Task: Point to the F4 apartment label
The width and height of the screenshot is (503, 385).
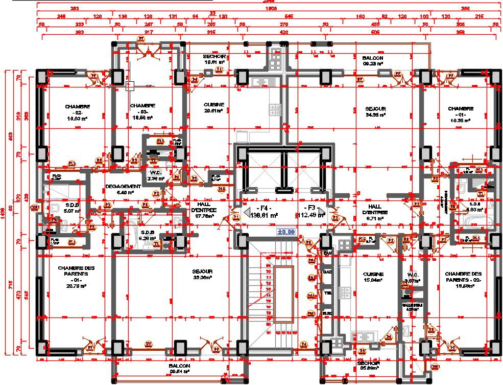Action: (x=263, y=212)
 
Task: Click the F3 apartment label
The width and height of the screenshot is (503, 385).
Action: (x=310, y=212)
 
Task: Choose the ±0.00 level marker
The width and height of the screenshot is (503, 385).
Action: (x=286, y=232)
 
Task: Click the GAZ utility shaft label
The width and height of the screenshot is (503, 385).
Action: (x=327, y=272)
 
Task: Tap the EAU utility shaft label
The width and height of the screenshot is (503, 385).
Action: (x=327, y=253)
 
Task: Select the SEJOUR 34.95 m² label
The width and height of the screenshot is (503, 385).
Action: (x=375, y=112)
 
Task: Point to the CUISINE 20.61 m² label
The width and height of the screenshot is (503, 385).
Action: (x=214, y=107)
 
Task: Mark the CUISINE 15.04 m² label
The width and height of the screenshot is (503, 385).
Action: (x=373, y=277)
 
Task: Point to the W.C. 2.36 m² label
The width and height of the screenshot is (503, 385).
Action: (x=156, y=175)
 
